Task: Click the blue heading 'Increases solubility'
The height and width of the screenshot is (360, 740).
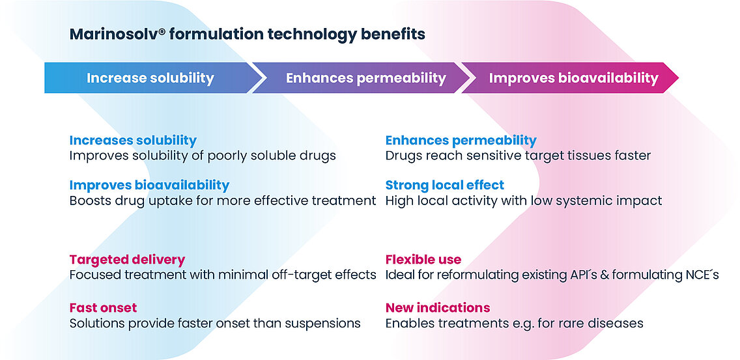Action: pyautogui.click(x=133, y=140)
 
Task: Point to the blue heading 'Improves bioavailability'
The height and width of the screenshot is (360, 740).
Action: pyautogui.click(x=149, y=185)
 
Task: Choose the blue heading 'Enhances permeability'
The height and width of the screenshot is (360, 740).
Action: pyautogui.click(x=461, y=140)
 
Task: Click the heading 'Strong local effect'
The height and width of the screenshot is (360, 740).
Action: pyautogui.click(x=444, y=185)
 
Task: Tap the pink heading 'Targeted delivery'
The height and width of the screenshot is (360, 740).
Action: pyautogui.click(x=127, y=260)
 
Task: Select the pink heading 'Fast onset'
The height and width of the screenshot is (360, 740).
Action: pyautogui.click(x=103, y=308)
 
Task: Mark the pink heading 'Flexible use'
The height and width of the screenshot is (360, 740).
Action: pyautogui.click(x=423, y=260)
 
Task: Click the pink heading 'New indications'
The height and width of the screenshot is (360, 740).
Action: pyautogui.click(x=438, y=308)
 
